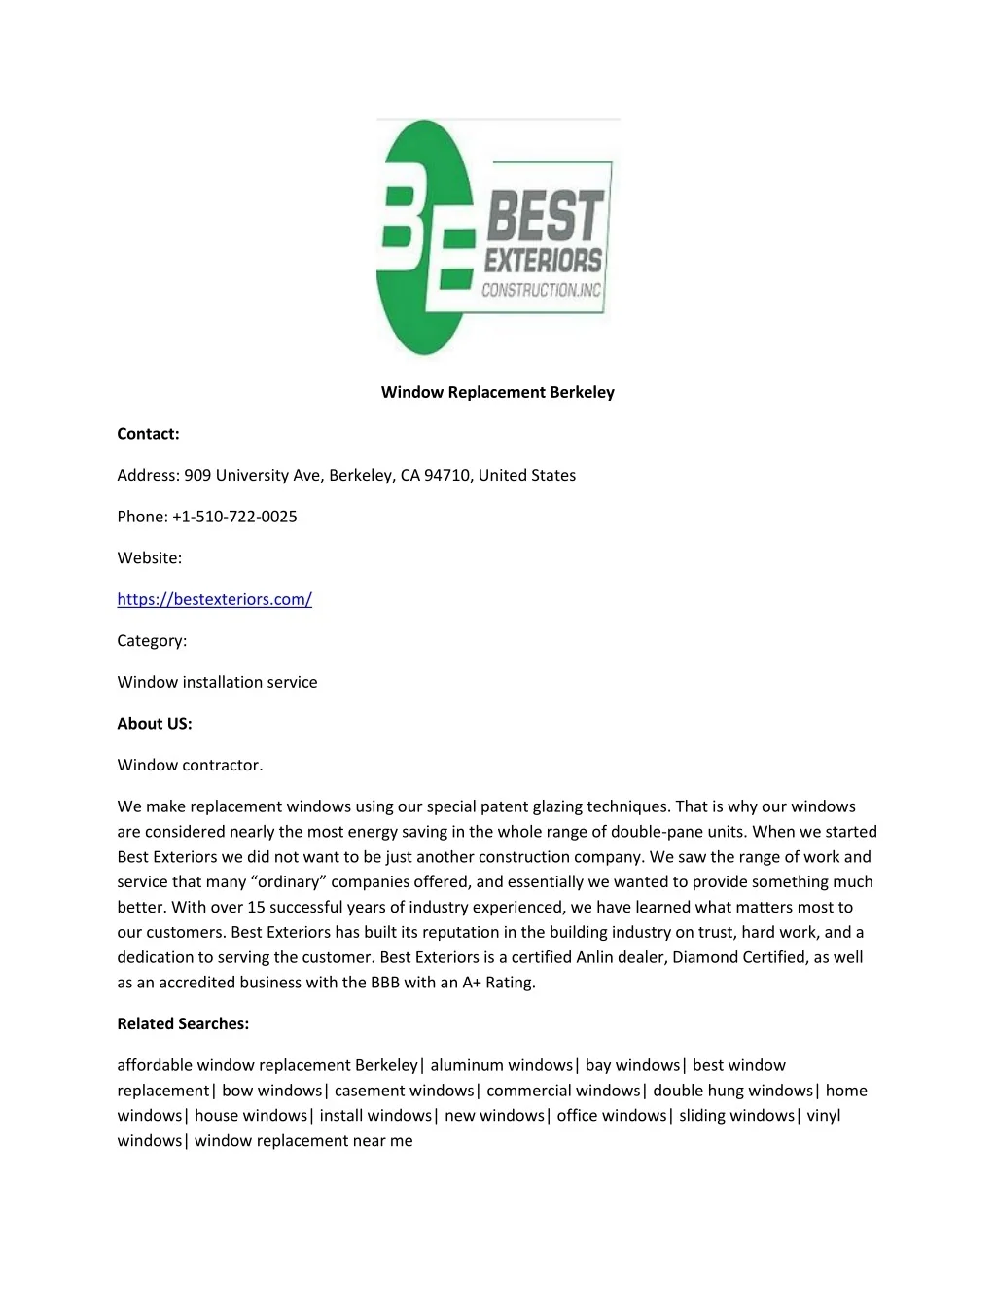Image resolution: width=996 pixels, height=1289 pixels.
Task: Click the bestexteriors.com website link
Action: click(214, 599)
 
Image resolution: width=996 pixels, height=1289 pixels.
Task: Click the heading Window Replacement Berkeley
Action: click(497, 392)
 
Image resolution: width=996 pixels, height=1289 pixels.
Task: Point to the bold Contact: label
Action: click(148, 434)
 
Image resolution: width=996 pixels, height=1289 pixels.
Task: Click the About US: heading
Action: click(155, 724)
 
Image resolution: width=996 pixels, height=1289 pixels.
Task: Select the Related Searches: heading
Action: click(183, 1023)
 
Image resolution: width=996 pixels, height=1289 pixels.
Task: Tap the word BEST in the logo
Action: click(545, 215)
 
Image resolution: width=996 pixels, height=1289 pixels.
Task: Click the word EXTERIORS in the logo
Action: click(543, 261)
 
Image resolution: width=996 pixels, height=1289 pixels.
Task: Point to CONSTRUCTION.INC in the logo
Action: click(542, 290)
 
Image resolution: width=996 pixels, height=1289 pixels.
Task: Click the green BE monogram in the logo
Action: click(423, 237)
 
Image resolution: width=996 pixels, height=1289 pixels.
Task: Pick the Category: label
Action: click(152, 641)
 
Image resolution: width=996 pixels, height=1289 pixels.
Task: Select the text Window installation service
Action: click(217, 682)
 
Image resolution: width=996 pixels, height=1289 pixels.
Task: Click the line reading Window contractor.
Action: click(190, 765)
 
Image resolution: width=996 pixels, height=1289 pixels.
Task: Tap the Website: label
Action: click(149, 558)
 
